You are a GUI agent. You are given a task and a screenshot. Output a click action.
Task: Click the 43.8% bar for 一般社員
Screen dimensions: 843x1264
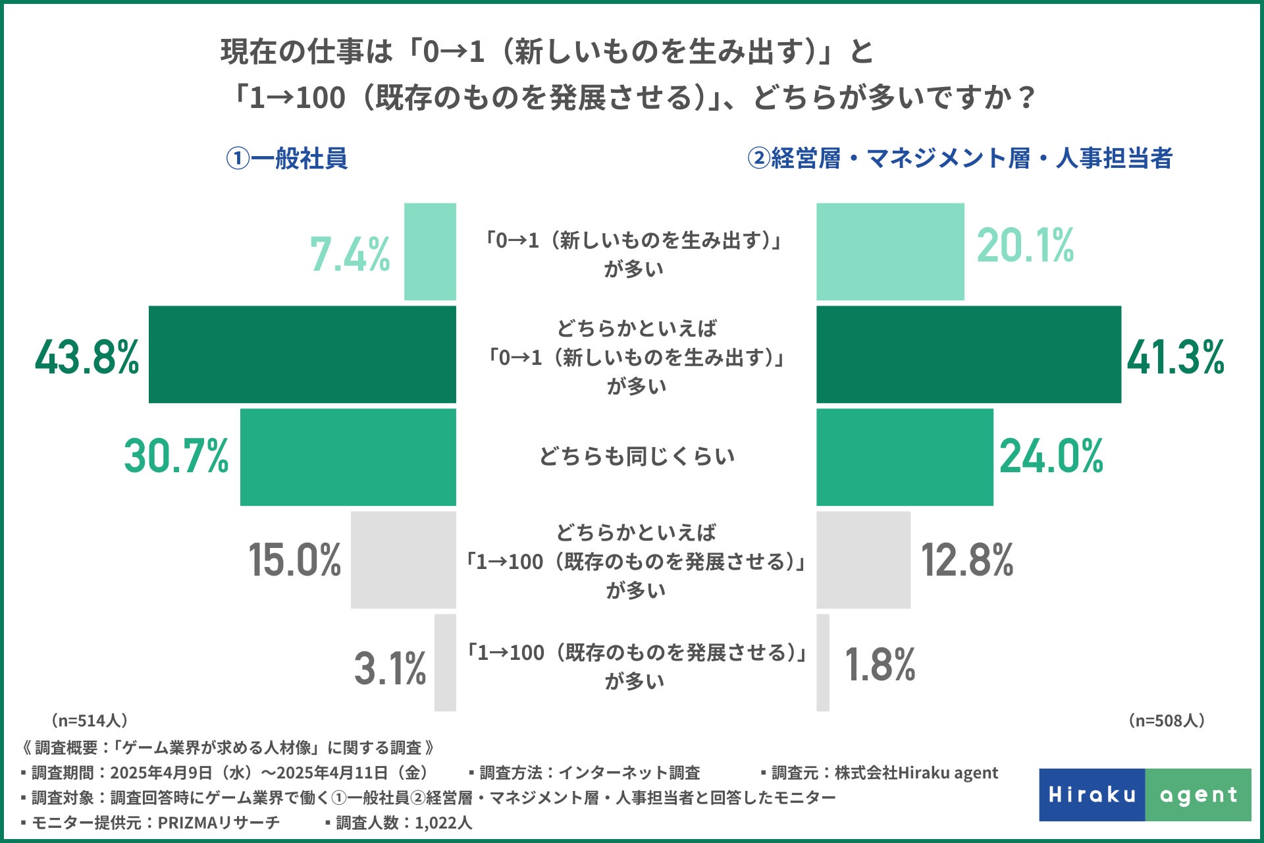click(x=302, y=354)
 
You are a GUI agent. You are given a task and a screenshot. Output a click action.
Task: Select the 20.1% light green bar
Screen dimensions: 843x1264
click(x=890, y=252)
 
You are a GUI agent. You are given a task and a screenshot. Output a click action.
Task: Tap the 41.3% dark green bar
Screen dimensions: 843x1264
click(x=968, y=354)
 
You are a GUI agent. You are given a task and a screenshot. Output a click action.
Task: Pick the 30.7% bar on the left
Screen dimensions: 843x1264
click(x=348, y=457)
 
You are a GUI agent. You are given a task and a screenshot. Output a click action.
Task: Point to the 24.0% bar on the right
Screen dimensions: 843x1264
click(x=905, y=457)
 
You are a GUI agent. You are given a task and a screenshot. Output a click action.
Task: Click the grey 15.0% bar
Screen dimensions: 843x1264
click(x=403, y=560)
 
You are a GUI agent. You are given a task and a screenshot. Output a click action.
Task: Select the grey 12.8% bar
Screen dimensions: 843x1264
click(x=863, y=560)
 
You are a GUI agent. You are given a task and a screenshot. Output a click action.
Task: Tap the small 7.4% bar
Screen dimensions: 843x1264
click(x=430, y=252)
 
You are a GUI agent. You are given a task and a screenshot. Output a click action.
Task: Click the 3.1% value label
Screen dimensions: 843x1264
click(x=390, y=668)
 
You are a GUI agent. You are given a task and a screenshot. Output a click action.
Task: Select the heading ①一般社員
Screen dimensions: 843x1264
click(x=286, y=159)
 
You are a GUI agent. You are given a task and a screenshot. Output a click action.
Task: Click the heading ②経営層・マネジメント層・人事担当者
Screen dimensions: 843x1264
click(x=959, y=159)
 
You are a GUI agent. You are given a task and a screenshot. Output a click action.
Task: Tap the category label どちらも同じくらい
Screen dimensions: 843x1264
click(x=637, y=456)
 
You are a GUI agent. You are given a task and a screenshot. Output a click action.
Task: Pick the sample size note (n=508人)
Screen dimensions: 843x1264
click(x=1167, y=721)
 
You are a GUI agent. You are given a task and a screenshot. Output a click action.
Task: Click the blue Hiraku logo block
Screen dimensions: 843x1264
click(x=1092, y=795)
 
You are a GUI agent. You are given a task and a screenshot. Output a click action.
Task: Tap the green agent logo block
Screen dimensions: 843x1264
click(x=1198, y=795)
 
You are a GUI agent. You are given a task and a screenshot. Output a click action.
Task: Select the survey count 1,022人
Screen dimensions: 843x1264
click(x=443, y=823)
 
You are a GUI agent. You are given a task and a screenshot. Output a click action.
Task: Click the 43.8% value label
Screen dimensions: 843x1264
click(x=87, y=357)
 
